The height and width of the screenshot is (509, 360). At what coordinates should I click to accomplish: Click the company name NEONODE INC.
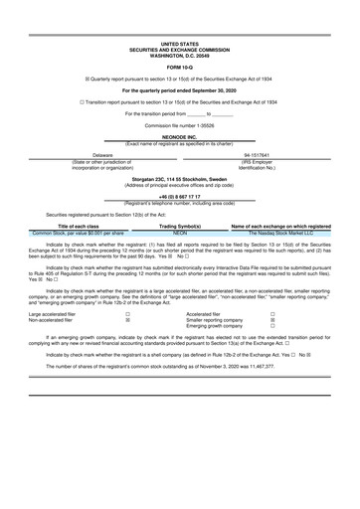pyautogui.click(x=180, y=136)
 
